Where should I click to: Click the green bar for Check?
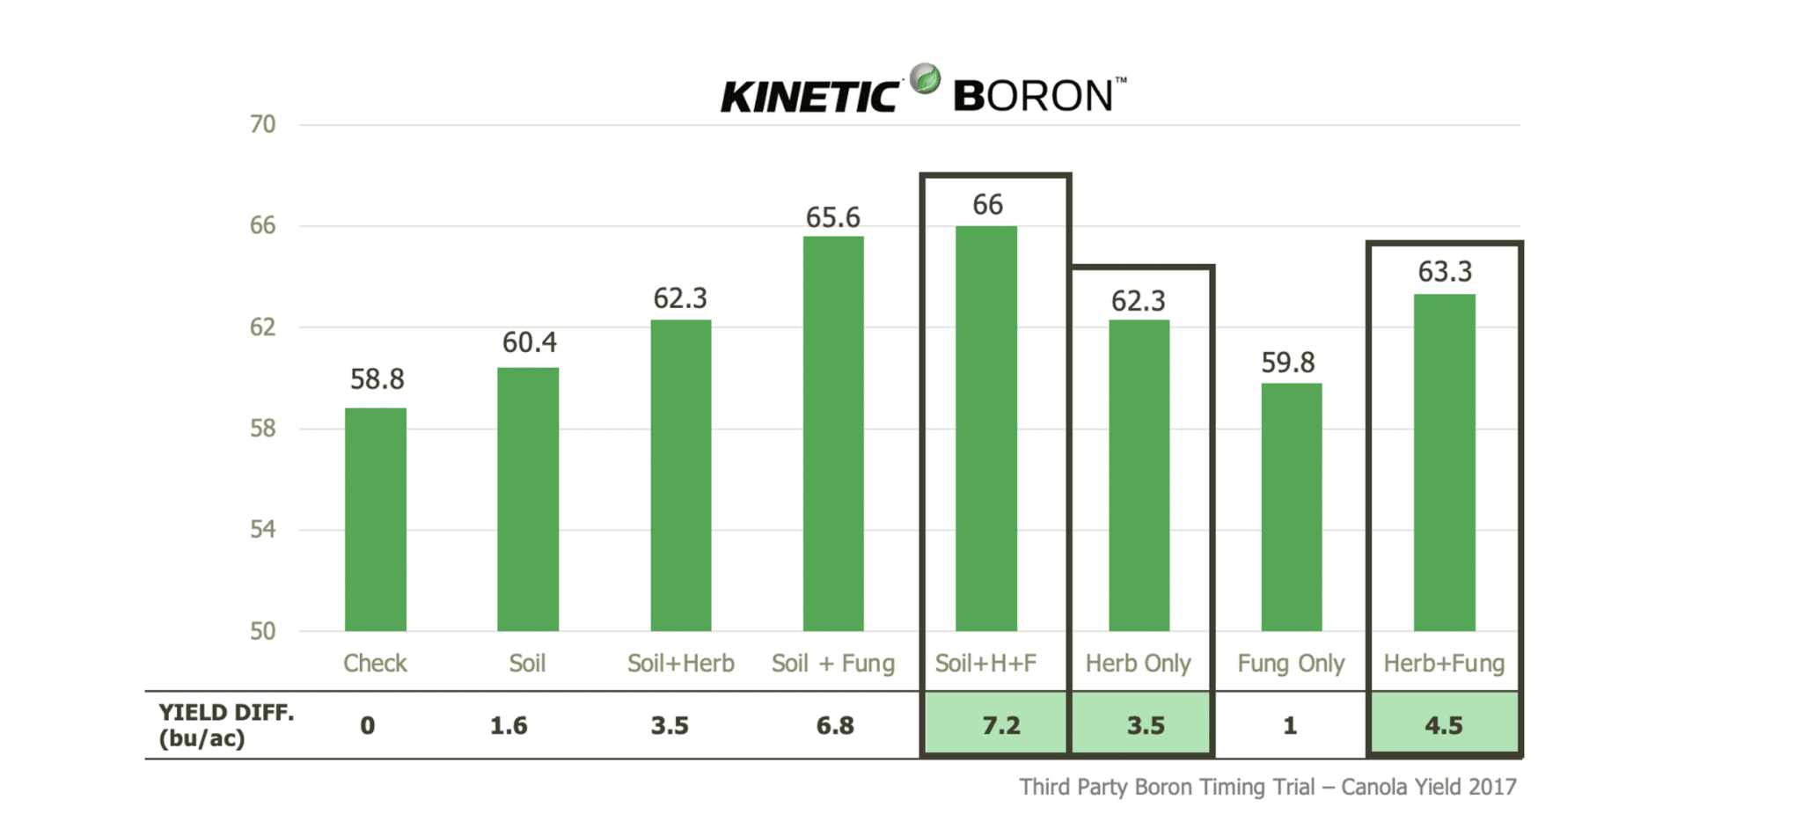click(x=376, y=519)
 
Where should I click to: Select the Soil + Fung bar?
click(x=833, y=433)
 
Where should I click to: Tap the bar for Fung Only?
click(x=1291, y=507)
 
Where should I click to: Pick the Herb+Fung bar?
click(x=1444, y=462)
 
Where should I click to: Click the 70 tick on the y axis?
click(x=262, y=124)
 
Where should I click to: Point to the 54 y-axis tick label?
click(x=262, y=529)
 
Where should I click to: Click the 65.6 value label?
click(x=832, y=217)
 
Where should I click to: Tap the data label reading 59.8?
click(x=1287, y=362)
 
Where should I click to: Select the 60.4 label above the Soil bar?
click(x=529, y=342)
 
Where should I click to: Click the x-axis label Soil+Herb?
click(x=680, y=663)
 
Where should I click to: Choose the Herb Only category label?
click(x=1138, y=663)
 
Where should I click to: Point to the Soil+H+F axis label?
click(x=985, y=663)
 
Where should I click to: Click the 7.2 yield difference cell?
click(x=1000, y=725)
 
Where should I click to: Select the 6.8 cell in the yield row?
click(x=834, y=725)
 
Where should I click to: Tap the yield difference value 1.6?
click(x=509, y=725)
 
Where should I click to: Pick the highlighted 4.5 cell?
click(x=1443, y=725)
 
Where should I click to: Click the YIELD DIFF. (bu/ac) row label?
click(x=225, y=724)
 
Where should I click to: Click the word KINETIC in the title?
click(x=809, y=96)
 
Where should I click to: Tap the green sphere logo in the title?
click(x=925, y=79)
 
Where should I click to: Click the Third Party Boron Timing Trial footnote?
click(x=1267, y=786)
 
